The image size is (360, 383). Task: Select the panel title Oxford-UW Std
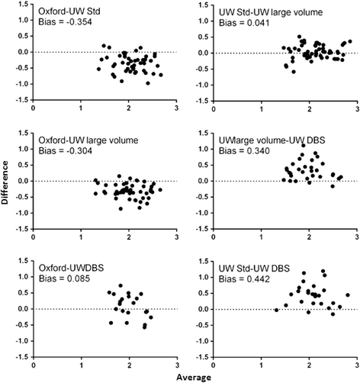coord(70,11)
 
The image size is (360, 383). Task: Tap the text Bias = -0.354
coord(67,22)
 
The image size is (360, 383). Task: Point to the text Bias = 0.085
coord(66,278)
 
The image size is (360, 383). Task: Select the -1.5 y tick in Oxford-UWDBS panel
coord(19,356)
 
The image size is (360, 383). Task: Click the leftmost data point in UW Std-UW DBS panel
coord(276,310)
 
